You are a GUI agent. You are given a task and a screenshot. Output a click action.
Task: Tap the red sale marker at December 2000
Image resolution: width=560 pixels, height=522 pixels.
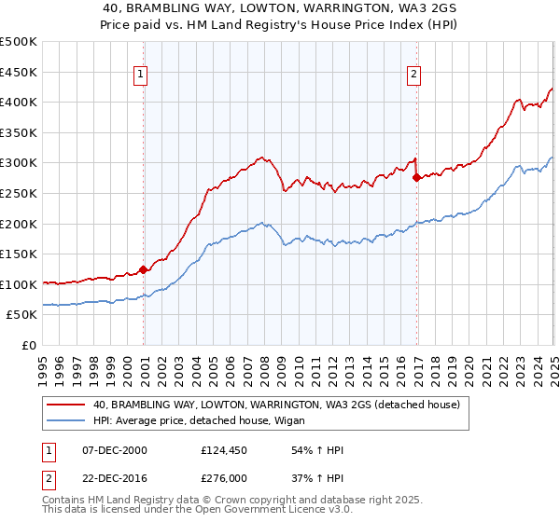coord(143,270)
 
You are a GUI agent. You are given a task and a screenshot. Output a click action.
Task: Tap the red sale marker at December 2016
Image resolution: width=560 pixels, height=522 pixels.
coord(416,177)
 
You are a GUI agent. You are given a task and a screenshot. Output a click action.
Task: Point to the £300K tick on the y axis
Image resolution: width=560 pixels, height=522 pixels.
coord(20,163)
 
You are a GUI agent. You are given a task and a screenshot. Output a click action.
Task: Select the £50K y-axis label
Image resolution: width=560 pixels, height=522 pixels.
coord(23,315)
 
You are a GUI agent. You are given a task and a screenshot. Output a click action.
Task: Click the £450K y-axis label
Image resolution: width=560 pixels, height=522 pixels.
coord(20,72)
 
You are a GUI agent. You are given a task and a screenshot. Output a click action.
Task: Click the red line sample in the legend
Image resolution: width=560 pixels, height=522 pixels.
coord(65,405)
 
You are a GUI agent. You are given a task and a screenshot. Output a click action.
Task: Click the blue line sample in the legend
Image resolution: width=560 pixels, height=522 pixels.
coord(65,421)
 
